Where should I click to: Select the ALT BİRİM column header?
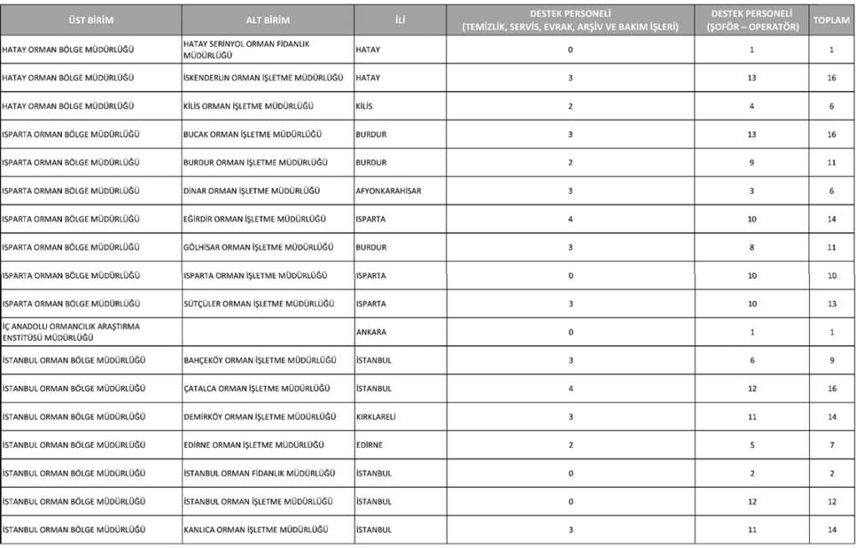coord(267,19)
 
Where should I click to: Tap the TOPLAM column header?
coord(832,19)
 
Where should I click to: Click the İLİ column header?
coord(400,19)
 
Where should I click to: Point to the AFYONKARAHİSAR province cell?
coord(388,190)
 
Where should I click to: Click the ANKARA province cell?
coord(372,332)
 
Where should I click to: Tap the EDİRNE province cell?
coord(369,445)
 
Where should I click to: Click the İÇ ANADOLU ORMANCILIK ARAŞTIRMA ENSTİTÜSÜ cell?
coord(74,332)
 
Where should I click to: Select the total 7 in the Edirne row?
coord(832,445)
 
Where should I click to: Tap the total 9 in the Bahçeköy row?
coord(832,360)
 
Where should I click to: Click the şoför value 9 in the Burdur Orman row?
coord(752,162)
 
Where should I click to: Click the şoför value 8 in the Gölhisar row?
coord(752,247)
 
